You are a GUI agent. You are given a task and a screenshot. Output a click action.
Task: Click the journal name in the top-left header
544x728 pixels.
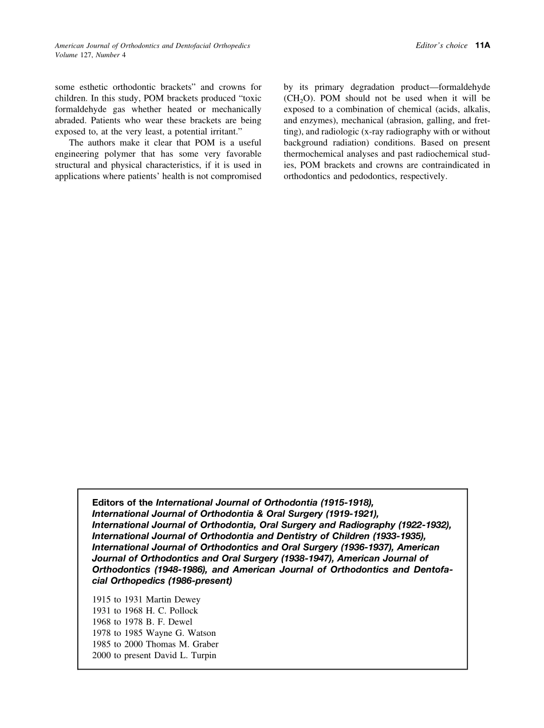(x=152, y=46)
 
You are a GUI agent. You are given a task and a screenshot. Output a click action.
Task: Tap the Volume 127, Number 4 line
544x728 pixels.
(x=90, y=55)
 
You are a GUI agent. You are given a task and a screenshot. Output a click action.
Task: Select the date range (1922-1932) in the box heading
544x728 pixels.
(x=424, y=525)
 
